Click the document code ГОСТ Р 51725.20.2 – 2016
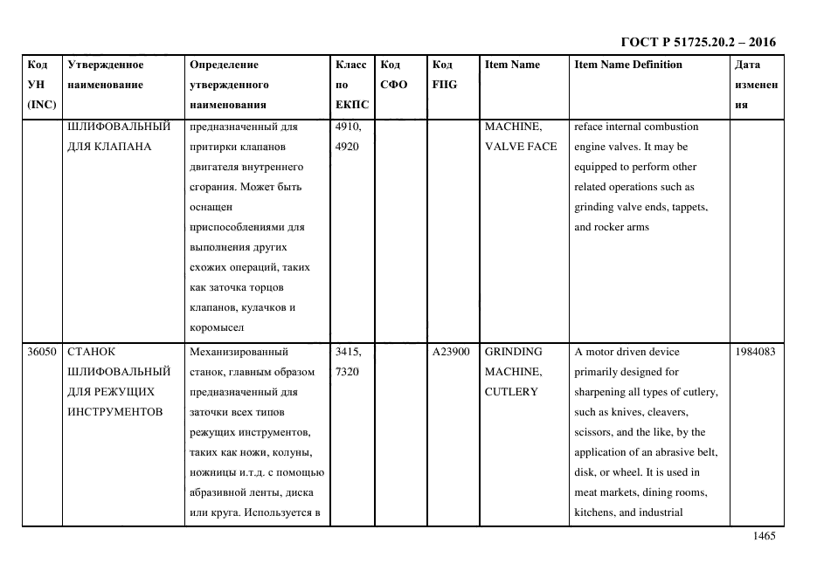point(697,42)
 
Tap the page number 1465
point(764,537)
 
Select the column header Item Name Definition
point(627,65)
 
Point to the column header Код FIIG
point(444,75)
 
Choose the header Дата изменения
point(756,85)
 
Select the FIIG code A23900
point(451,352)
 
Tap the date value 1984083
point(756,352)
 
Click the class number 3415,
point(350,352)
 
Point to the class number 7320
point(347,372)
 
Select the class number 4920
point(347,147)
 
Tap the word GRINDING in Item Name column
point(513,352)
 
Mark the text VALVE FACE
point(521,147)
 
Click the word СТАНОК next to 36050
point(91,352)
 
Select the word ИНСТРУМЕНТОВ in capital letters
point(114,412)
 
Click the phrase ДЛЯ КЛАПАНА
point(109,147)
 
